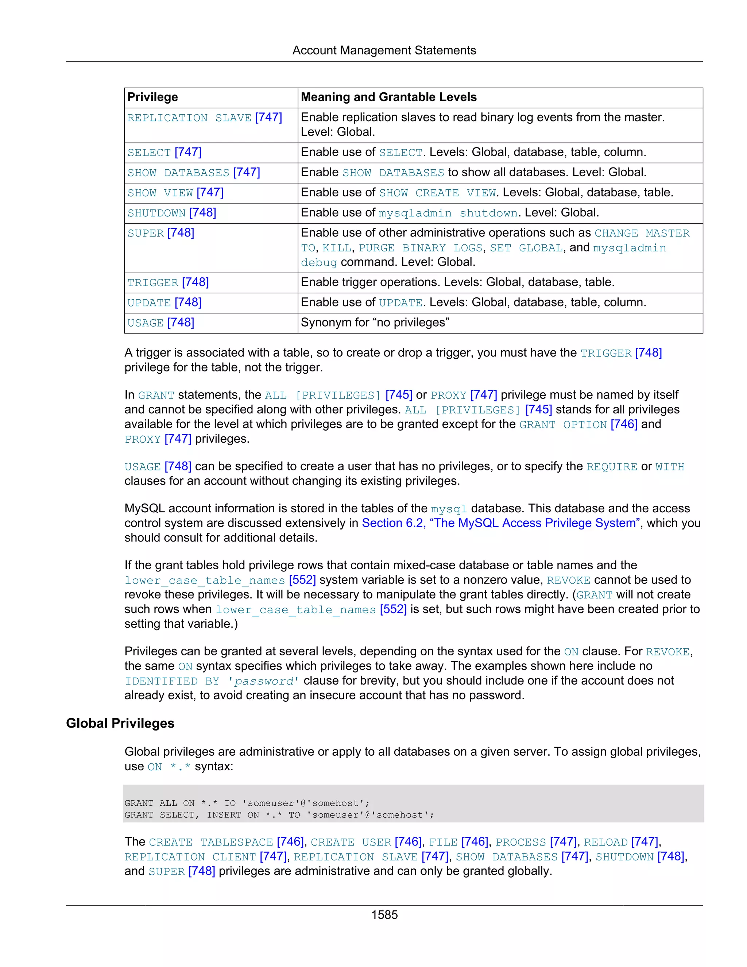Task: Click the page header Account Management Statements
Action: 384,50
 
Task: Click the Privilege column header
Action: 153,97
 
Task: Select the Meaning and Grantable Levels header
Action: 388,97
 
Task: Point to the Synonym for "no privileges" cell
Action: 375,323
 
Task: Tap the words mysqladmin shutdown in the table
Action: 448,213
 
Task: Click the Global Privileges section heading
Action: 120,723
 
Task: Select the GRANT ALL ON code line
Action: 247,803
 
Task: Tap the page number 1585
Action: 384,915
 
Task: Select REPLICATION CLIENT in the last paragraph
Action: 190,857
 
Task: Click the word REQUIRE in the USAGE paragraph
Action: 612,467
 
